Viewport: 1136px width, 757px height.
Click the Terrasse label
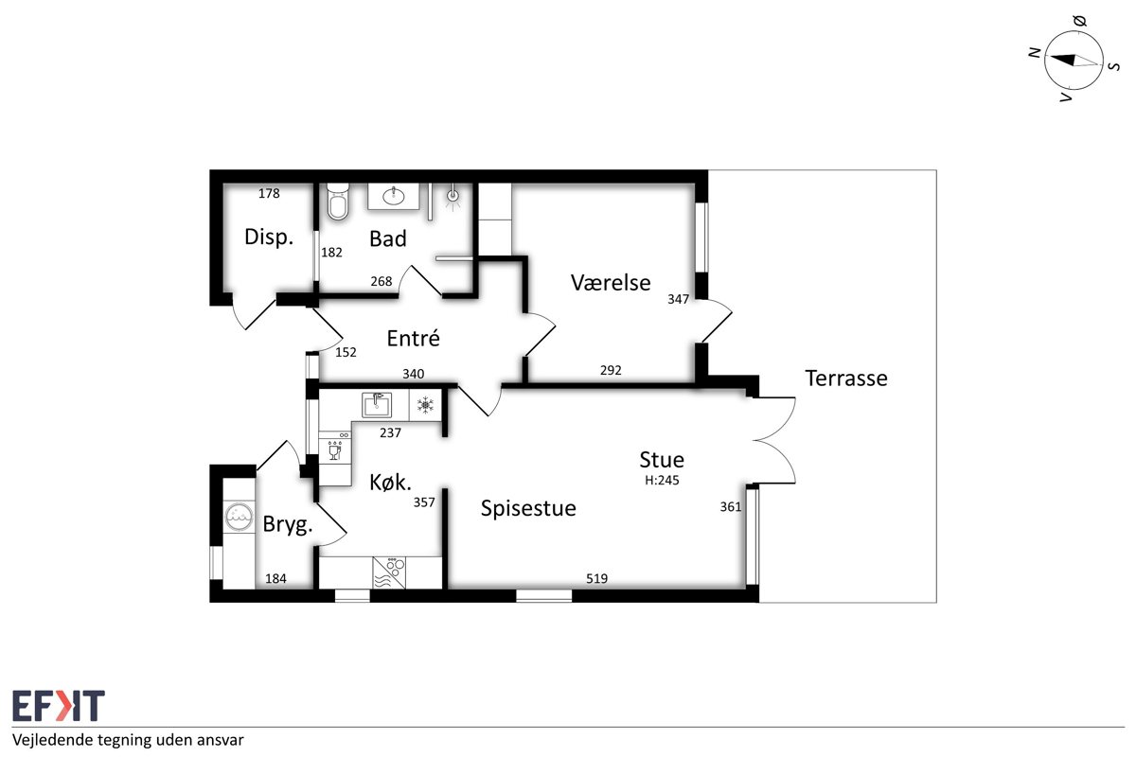pos(846,378)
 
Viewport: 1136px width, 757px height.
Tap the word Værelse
pos(610,282)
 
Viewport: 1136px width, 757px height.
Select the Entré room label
pos(413,338)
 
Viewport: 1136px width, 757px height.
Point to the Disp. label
pos(269,237)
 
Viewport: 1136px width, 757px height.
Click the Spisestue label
pos(528,508)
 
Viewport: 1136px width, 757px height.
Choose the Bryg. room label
pos(288,524)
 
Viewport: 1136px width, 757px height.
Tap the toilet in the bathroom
pos(338,202)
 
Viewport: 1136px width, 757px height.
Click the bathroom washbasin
pos(394,196)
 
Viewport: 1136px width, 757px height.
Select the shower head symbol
pos(453,197)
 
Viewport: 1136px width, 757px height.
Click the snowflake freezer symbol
pos(424,405)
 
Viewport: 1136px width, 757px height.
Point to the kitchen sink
pos(377,405)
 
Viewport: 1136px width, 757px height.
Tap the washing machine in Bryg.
pos(239,516)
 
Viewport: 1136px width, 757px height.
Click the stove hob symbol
pos(389,572)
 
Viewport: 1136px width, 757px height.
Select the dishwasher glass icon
pos(335,450)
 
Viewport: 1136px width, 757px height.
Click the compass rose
pos(1074,61)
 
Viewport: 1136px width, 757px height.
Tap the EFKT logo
pos(59,705)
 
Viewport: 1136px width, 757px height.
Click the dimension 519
pos(596,578)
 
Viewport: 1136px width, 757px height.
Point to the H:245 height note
pos(662,480)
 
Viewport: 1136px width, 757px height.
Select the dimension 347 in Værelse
pos(678,299)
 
